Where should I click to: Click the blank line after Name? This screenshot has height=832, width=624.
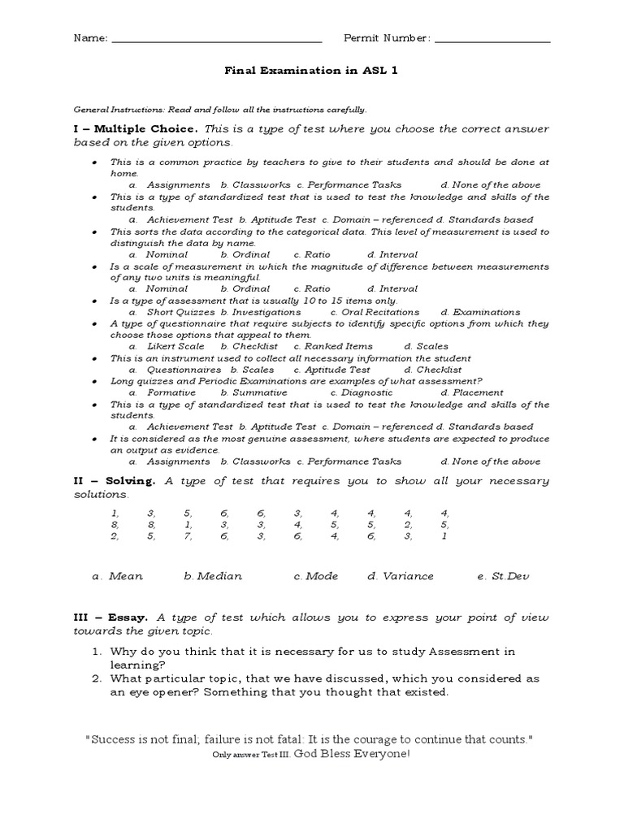(216, 39)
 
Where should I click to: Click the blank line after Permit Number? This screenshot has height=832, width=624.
(492, 39)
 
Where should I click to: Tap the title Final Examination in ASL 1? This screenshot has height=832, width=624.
(311, 71)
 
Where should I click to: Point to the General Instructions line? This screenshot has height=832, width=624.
(219, 109)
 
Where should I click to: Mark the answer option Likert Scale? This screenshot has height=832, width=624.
(175, 346)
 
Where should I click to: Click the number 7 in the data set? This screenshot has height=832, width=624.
(187, 536)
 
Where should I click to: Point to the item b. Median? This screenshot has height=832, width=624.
(213, 576)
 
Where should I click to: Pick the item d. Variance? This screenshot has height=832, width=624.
(400, 576)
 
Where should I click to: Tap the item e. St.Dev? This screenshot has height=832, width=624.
(504, 576)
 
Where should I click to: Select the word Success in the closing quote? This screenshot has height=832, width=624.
(114, 739)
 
